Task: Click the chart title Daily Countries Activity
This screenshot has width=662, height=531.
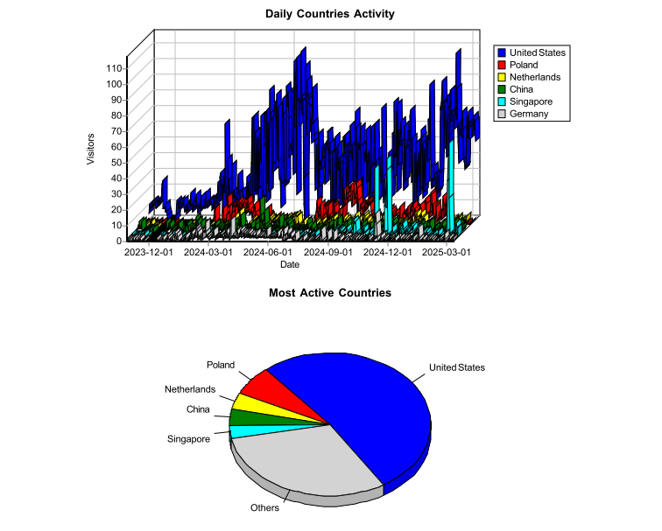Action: (330, 14)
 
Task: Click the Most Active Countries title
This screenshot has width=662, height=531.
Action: (330, 292)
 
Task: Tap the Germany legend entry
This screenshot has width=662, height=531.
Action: (528, 114)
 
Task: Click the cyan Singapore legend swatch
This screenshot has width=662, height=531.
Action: (502, 101)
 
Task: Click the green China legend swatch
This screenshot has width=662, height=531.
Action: (502, 89)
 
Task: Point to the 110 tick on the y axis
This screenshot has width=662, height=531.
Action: (114, 67)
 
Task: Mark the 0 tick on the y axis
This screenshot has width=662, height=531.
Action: (119, 240)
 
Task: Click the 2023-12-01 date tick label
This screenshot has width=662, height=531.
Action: (149, 252)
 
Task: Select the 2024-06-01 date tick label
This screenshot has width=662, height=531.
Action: (268, 252)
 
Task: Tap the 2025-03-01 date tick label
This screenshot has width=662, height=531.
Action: (447, 252)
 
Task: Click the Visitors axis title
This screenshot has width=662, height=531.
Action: (91, 149)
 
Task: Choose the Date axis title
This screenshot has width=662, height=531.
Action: (290, 264)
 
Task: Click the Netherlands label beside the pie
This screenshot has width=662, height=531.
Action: (190, 389)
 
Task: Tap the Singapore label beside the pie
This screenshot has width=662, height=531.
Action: (188, 439)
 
